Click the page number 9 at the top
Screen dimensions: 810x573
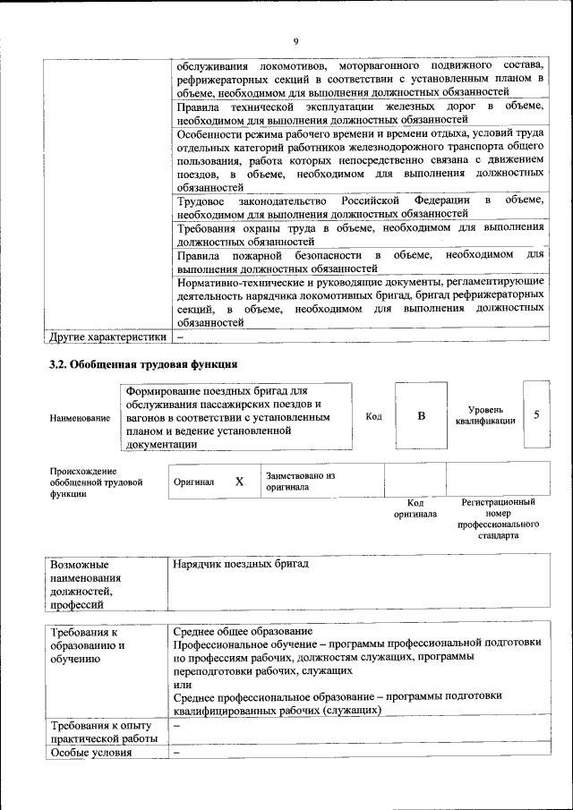[x=295, y=40]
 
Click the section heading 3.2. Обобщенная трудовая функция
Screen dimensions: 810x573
[x=142, y=365]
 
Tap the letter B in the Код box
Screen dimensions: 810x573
[x=421, y=416]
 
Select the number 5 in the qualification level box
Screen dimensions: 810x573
[x=535, y=414]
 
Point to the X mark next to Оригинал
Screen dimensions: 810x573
[x=239, y=482]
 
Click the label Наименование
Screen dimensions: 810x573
[x=80, y=417]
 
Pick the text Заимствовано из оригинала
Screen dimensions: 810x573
[x=300, y=482]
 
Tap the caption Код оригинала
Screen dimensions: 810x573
[x=415, y=508]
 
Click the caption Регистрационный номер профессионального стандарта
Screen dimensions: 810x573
[x=498, y=519]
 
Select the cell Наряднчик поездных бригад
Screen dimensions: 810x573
[x=242, y=564]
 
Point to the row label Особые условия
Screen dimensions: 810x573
[x=91, y=752]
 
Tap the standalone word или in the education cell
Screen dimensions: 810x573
[x=182, y=683]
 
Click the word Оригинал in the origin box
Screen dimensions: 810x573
[x=194, y=482]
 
